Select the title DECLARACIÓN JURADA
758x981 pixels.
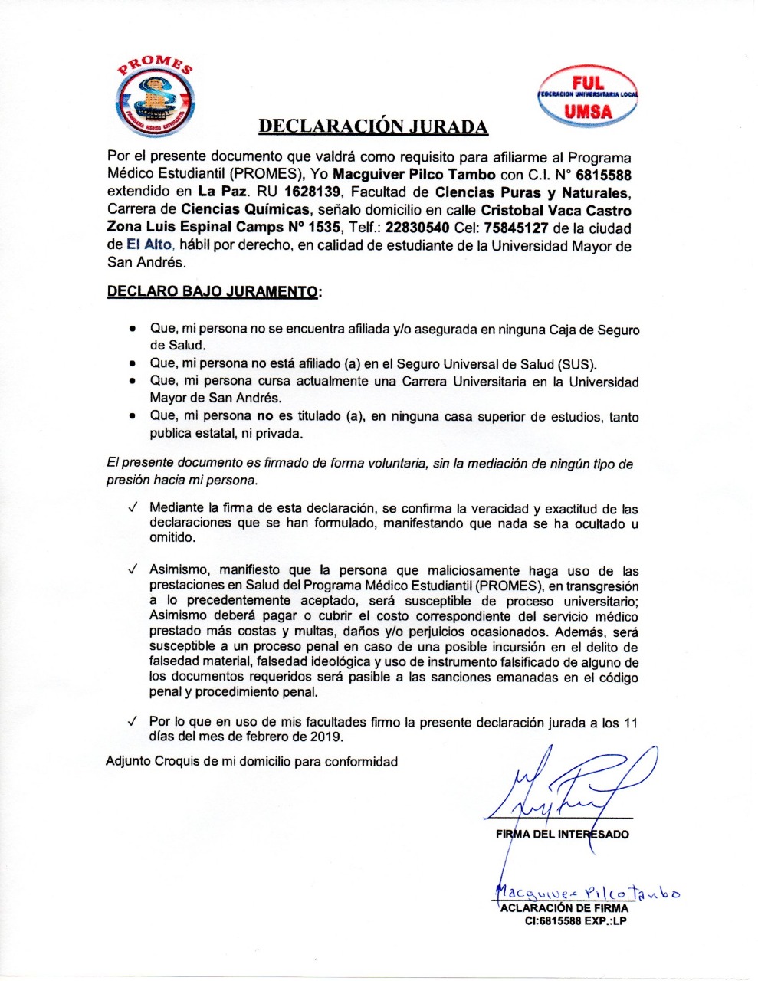[372, 126]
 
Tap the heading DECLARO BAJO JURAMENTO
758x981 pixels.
[212, 292]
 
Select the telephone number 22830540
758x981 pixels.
[417, 228]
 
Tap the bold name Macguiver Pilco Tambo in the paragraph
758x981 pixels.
[414, 175]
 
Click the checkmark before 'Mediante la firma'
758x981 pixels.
[133, 508]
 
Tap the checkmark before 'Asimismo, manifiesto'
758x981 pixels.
[133, 570]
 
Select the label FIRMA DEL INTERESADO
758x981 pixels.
[563, 834]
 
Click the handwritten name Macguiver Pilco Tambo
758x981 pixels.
[587, 891]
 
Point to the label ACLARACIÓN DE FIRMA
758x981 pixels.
[564, 908]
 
